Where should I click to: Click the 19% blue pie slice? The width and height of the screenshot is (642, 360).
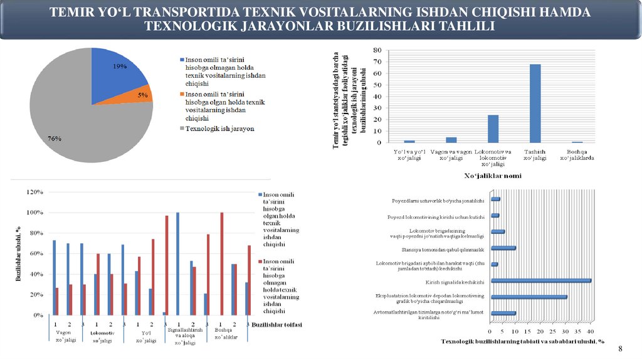[x=116, y=72]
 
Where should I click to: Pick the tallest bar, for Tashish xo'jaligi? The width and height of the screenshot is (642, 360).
[x=535, y=103]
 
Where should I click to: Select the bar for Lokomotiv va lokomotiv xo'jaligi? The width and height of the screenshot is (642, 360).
[x=493, y=129]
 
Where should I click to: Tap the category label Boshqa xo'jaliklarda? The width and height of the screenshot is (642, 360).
[x=577, y=154]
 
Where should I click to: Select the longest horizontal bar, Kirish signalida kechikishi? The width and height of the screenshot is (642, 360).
[x=541, y=280]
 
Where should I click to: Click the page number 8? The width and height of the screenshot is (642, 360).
[x=621, y=348]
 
